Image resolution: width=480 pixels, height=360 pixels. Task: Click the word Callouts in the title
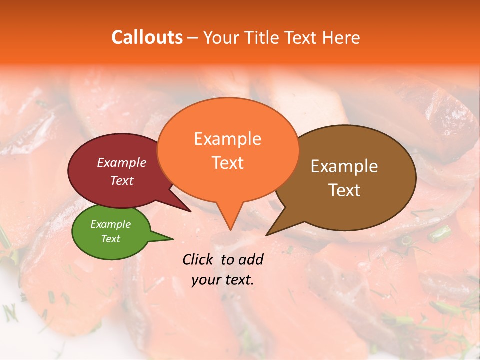pyautogui.click(x=147, y=37)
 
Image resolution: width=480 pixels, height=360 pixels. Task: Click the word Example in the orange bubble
pyautogui.click(x=227, y=139)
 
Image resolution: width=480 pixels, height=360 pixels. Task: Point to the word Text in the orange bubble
pyautogui.click(x=227, y=162)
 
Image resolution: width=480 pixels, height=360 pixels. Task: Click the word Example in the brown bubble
pyautogui.click(x=344, y=166)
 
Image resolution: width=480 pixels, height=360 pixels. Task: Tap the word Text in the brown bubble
pyautogui.click(x=344, y=190)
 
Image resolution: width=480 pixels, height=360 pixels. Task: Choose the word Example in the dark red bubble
pyautogui.click(x=121, y=162)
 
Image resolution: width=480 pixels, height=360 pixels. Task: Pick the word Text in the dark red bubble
pyautogui.click(x=121, y=180)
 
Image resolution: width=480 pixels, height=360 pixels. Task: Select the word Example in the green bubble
pyautogui.click(x=110, y=224)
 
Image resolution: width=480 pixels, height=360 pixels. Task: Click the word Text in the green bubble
pyautogui.click(x=110, y=239)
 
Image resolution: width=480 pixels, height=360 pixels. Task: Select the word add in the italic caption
pyautogui.click(x=252, y=259)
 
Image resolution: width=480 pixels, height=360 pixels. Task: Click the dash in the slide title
pyautogui.click(x=193, y=38)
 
